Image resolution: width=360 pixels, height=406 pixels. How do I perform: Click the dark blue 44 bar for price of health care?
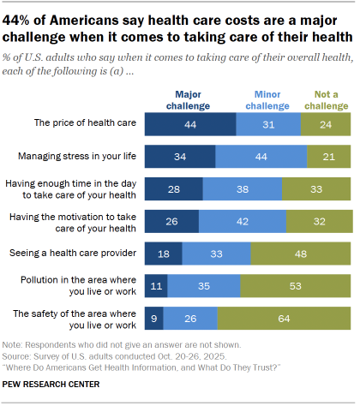pos(190,124)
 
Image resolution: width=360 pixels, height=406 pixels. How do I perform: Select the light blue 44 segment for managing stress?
pos(261,157)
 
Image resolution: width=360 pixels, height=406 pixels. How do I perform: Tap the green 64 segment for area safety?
pos(284,319)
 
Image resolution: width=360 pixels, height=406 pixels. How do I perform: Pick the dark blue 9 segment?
pos(154,319)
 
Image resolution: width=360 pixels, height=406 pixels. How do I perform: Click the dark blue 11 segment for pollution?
pos(156,286)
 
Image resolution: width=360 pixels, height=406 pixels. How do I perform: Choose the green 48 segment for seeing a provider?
pos(301,254)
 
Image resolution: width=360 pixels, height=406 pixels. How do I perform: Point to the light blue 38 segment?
pos(243,189)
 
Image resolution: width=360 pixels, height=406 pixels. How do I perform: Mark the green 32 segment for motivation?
pos(320,221)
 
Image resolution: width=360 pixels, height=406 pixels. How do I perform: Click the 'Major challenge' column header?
pos(188,100)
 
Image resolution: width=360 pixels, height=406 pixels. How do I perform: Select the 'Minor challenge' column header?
pos(267,100)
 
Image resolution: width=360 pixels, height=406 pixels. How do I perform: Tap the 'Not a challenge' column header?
pos(327,100)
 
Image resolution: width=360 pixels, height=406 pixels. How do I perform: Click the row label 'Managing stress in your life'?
pos(77,156)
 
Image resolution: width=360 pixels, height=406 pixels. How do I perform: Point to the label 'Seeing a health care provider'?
pos(73,253)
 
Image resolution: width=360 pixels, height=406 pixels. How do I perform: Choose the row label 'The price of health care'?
pos(85,122)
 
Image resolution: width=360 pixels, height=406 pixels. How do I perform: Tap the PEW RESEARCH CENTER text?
pos(51,385)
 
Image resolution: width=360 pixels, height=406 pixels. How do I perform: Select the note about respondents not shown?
pos(122,345)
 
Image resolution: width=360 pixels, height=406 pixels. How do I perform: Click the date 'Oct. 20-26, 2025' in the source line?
pos(192,356)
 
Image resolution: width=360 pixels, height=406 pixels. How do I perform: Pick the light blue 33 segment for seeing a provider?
pos(216,254)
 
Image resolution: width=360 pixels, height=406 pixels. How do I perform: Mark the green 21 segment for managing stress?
pos(329,157)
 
